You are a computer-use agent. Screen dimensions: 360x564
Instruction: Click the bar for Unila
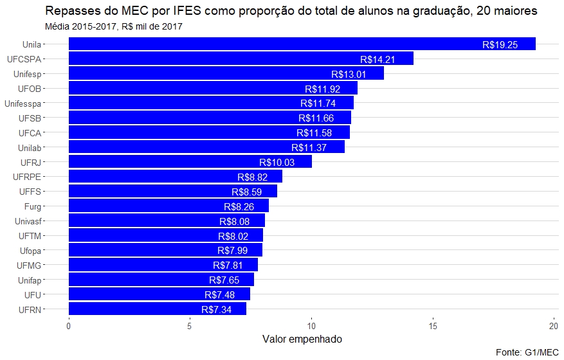tap(302, 44)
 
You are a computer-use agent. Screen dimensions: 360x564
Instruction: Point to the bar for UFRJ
tap(190, 162)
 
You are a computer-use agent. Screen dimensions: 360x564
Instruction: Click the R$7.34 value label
tap(217, 309)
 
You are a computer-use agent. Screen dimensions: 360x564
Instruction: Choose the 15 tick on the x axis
tap(433, 325)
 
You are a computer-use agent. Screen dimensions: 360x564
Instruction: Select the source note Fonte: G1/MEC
tap(527, 352)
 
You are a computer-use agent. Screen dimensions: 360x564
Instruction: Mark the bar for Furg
tap(168, 206)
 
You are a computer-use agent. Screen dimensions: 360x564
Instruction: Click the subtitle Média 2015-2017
tap(114, 27)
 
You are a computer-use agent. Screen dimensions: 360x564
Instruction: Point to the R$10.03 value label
tap(277, 162)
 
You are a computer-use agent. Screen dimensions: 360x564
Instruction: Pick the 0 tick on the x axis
tap(69, 325)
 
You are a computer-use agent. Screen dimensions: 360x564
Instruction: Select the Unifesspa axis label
tap(23, 104)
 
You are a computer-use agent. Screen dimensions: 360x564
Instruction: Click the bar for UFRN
tap(158, 309)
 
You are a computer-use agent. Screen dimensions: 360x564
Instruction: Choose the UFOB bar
tap(213, 89)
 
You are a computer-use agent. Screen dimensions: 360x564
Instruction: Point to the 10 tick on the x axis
tap(311, 325)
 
